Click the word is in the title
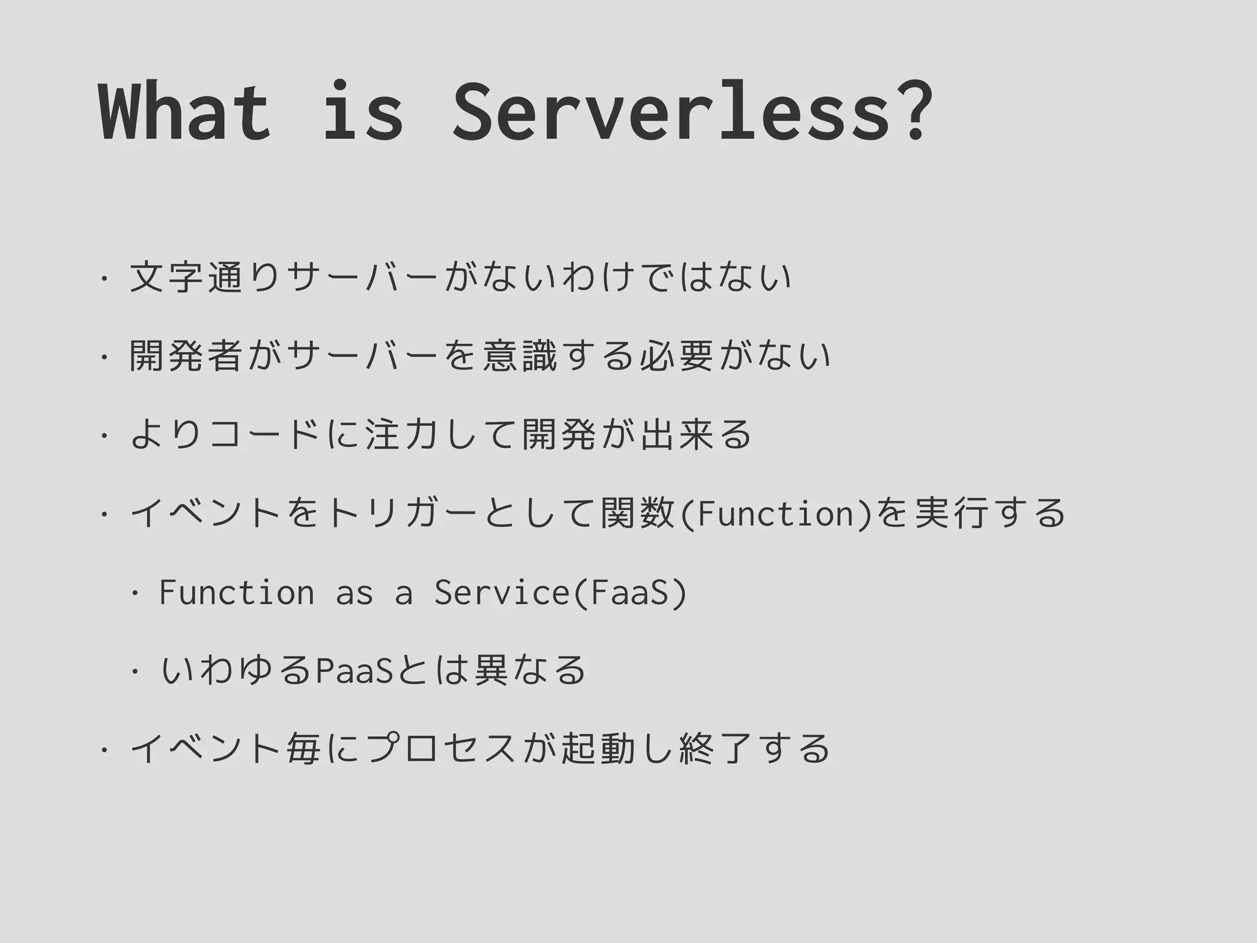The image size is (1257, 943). tap(362, 112)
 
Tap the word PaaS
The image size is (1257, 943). tap(354, 670)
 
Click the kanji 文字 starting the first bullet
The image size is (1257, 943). tap(166, 277)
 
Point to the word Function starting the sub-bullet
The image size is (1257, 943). tap(236, 592)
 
